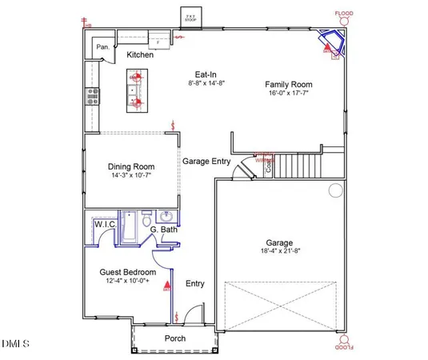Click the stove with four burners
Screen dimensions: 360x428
pyautogui.click(x=92, y=95)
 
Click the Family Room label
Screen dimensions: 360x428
pyautogui.click(x=289, y=84)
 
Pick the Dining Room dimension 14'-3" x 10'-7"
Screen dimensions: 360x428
pyautogui.click(x=130, y=174)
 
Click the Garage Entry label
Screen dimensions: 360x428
pyautogui.click(x=206, y=161)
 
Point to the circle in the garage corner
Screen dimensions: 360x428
pyautogui.click(x=335, y=190)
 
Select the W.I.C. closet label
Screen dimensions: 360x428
pyautogui.click(x=105, y=225)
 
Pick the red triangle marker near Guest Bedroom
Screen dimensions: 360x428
pyautogui.click(x=167, y=284)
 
